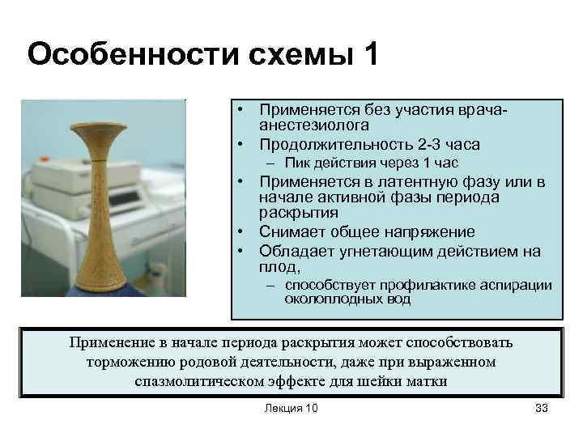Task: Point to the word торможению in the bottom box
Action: coord(127,361)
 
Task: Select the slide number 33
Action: coord(541,408)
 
